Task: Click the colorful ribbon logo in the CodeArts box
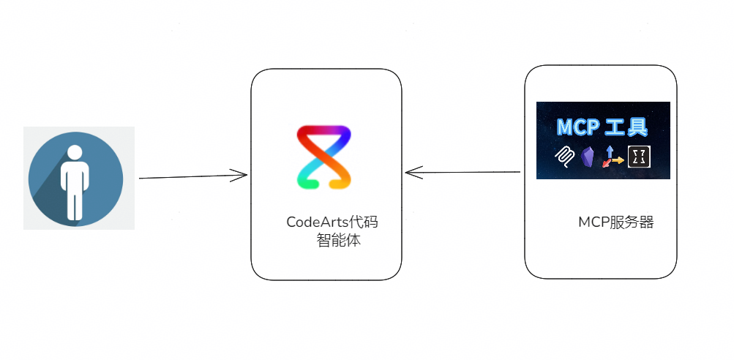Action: [x=324, y=157]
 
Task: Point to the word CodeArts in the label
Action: [x=318, y=222]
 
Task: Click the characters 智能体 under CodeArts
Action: [x=338, y=240]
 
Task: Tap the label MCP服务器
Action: [x=616, y=222]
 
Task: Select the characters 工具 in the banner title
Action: [x=627, y=127]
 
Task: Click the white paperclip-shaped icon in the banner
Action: [x=565, y=157]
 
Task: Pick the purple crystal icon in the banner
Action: [x=587, y=157]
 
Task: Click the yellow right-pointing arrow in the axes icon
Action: [x=618, y=160]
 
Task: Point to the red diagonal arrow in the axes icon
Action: [x=606, y=163]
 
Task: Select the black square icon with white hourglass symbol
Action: [x=640, y=157]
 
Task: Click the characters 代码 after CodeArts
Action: [x=364, y=222]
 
